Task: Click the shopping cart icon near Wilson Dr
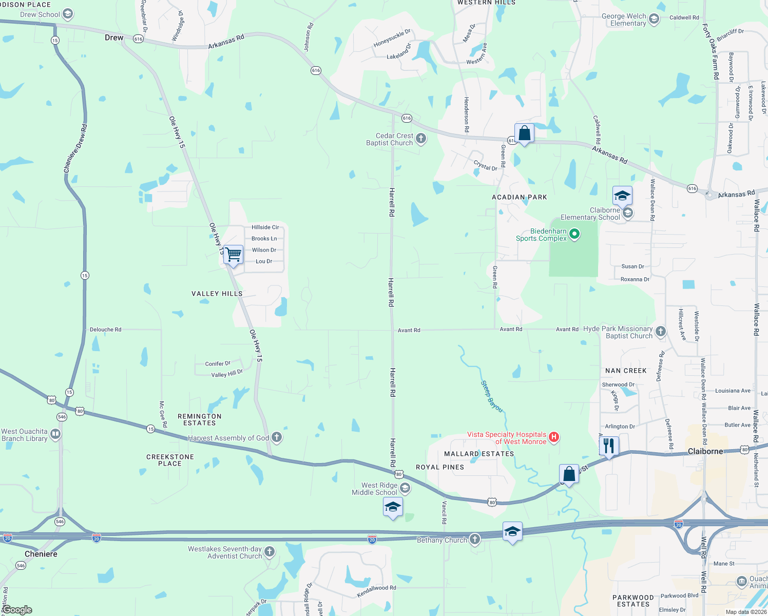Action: pyautogui.click(x=234, y=254)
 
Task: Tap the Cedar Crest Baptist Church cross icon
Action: pyautogui.click(x=421, y=138)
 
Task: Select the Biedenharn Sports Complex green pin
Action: pyautogui.click(x=574, y=235)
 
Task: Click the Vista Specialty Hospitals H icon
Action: pyautogui.click(x=553, y=437)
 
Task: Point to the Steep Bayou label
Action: pyautogui.click(x=491, y=396)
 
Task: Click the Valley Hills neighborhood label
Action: pyautogui.click(x=217, y=294)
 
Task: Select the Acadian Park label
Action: pyautogui.click(x=520, y=197)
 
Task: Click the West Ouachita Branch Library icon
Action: pyautogui.click(x=55, y=434)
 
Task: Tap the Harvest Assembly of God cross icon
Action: pyautogui.click(x=277, y=437)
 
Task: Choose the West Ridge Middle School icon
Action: pyautogui.click(x=405, y=488)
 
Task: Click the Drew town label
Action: pyautogui.click(x=114, y=37)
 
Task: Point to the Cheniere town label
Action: pyautogui.click(x=41, y=554)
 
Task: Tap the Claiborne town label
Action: pyautogui.click(x=705, y=451)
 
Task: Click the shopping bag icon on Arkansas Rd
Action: pyautogui.click(x=524, y=133)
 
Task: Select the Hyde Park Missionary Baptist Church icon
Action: pyautogui.click(x=660, y=332)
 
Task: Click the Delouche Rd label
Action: pyautogui.click(x=105, y=330)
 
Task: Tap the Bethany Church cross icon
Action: pyautogui.click(x=475, y=539)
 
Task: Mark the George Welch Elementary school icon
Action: pyautogui.click(x=654, y=20)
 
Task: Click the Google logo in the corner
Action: pyautogui.click(x=17, y=610)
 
